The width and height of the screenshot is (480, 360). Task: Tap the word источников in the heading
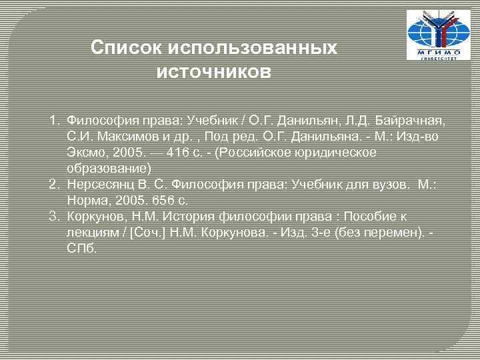(213, 71)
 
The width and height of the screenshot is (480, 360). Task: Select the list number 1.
(55, 121)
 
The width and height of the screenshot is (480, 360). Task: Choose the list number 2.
(55, 185)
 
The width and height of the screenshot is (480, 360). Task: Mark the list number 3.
(55, 217)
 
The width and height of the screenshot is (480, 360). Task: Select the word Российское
(271, 153)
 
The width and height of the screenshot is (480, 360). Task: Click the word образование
(106, 168)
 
